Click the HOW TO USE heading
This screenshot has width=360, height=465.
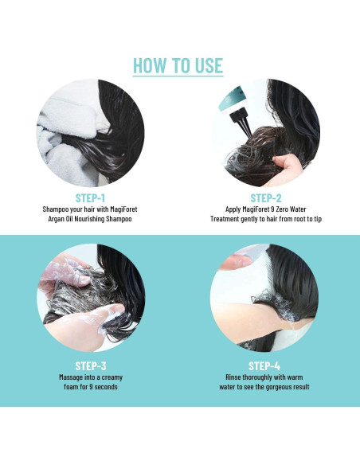click(x=178, y=65)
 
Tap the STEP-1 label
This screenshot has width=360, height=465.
click(x=90, y=197)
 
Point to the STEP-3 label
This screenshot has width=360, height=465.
click(x=90, y=365)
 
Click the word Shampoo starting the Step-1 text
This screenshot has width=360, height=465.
click(x=57, y=209)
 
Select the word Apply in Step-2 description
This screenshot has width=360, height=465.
click(x=225, y=209)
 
